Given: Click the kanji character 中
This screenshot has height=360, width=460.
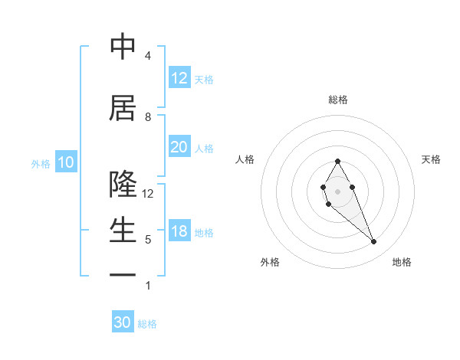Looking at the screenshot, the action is coord(123,47).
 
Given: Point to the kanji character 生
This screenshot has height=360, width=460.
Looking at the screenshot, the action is coord(123,231).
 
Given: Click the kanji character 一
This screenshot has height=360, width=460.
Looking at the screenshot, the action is coord(123,274).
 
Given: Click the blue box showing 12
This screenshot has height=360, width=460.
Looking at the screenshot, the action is coord(179,78).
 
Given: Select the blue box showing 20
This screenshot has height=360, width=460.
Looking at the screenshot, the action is coord(179,147).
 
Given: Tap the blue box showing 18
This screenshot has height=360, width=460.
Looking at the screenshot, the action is coord(179,231).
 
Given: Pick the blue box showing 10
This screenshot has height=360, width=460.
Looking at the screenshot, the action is coord(66,162).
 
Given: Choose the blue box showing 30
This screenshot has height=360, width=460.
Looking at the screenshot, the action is coord(123,322).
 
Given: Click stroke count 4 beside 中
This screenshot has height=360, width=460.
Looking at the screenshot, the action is coord(148,56).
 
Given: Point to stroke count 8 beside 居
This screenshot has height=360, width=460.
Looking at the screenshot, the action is coord(148,117).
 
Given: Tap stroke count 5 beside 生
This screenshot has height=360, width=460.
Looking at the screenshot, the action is coord(148,240).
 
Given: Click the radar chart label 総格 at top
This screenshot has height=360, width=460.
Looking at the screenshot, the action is coord(338,100).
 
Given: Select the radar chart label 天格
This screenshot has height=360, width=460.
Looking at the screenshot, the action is coord(431,159).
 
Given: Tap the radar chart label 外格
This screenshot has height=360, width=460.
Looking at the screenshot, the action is coord(270,262).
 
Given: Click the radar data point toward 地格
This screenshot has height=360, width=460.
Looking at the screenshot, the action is coord(374,242).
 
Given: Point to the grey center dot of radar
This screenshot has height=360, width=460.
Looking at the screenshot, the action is coord(337,190).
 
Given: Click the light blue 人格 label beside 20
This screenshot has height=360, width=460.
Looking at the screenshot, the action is coord(204,148).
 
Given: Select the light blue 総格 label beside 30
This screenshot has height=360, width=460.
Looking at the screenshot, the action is coord(147,324).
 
